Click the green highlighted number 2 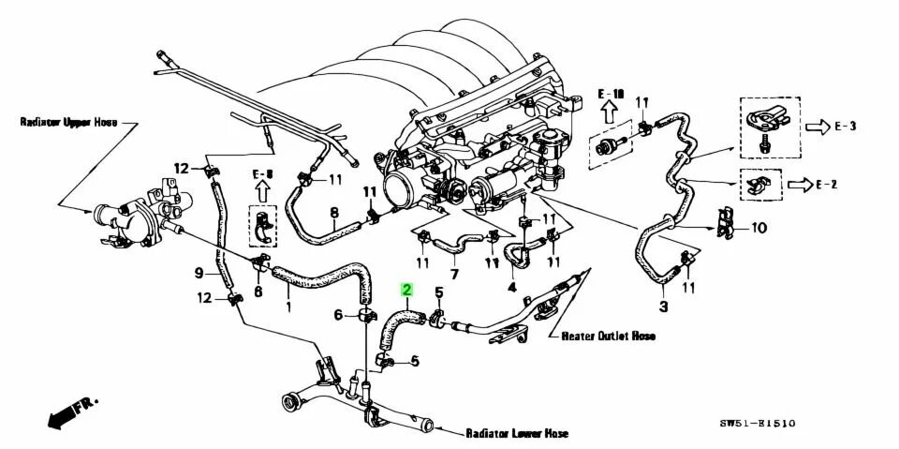[407, 291]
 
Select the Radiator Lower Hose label [517, 434]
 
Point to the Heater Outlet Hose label [608, 336]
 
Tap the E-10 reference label [611, 95]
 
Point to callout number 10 [759, 228]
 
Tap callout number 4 [511, 287]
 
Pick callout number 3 [664, 306]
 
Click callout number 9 [198, 274]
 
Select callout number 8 [333, 214]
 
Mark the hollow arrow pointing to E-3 [822, 125]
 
